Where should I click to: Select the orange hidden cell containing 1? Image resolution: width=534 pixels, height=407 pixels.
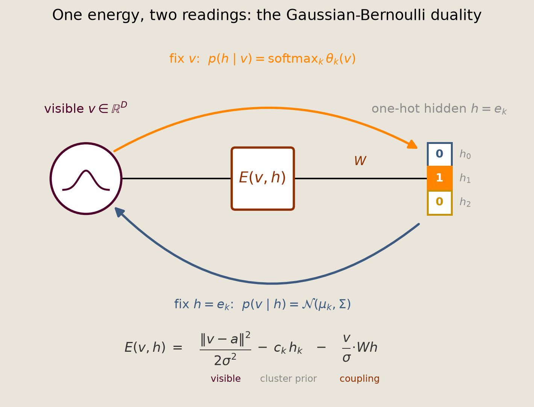pos(440,178)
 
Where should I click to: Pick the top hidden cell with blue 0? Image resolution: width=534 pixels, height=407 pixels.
pos(440,154)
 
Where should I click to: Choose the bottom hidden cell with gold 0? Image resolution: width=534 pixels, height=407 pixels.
pos(440,203)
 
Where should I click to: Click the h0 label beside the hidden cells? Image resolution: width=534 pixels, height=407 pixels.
pos(465,154)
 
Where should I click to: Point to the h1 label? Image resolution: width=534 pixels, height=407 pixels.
pos(465,178)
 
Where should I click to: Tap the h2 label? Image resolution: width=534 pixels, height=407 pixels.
pos(465,202)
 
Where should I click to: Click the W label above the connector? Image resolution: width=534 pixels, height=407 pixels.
pos(360,161)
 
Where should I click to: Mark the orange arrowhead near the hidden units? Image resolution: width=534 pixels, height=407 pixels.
pos(413,145)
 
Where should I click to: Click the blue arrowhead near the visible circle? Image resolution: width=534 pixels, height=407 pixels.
pos(120,212)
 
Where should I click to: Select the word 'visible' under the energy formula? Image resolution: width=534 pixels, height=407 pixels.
pos(226,378)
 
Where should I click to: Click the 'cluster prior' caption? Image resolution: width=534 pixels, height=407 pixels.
pos(288,378)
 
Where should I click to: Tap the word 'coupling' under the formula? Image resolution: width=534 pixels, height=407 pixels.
pos(360,379)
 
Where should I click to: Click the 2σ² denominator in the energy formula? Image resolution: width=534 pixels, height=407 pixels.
pos(225,360)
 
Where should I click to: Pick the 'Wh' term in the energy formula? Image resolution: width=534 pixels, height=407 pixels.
pos(367,347)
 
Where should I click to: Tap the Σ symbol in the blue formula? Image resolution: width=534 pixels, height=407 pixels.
pos(342,304)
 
